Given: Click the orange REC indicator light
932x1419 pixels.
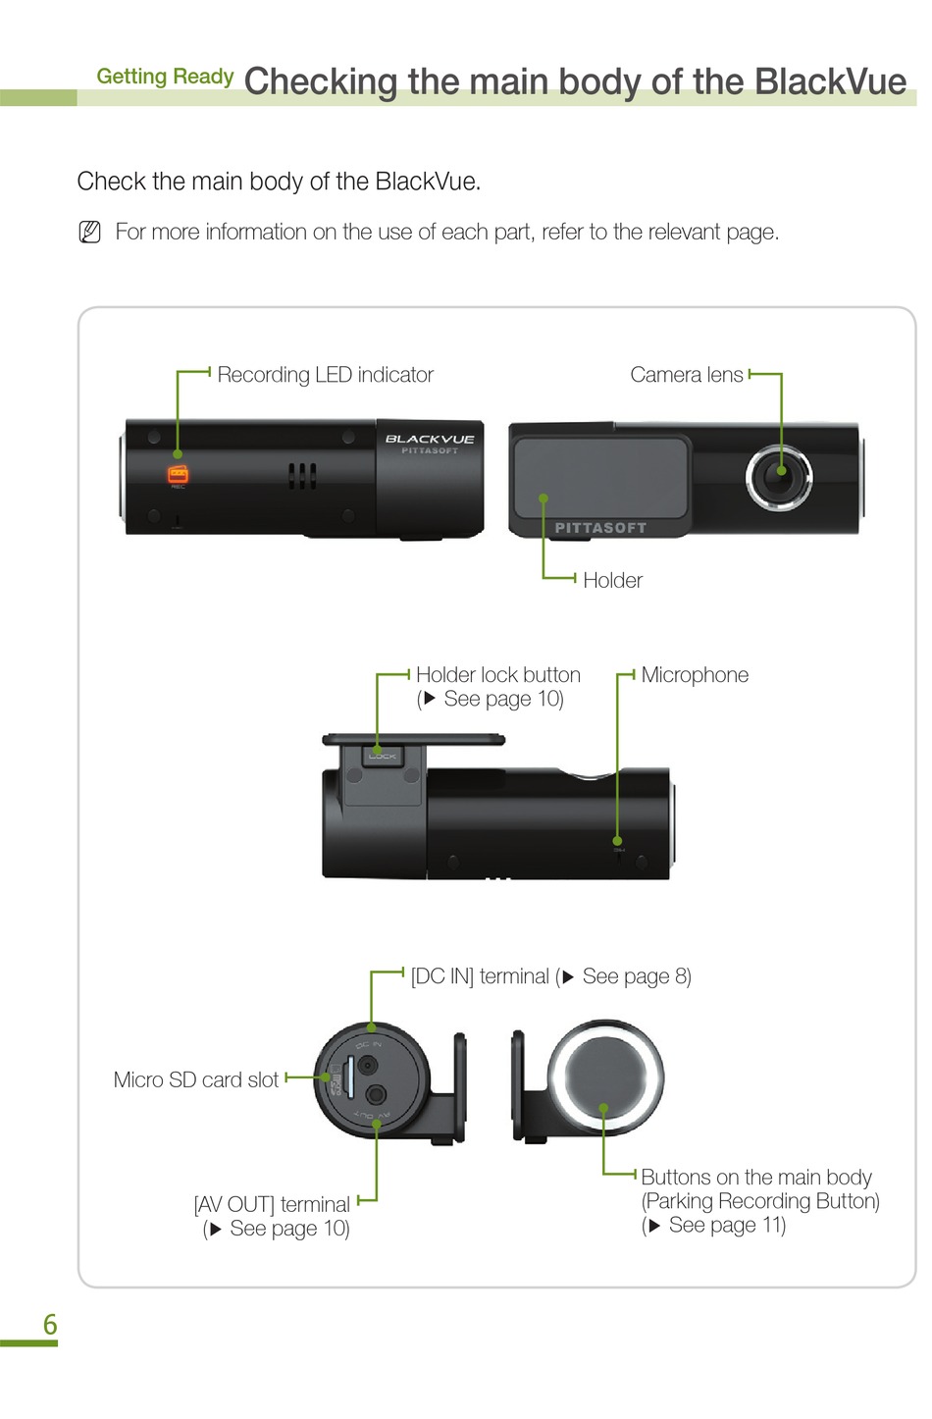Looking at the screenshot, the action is click(178, 475).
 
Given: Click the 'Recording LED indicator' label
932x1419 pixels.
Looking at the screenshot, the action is click(325, 375).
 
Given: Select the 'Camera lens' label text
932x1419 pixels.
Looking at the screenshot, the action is click(686, 375).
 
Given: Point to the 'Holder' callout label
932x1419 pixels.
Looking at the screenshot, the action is click(612, 580).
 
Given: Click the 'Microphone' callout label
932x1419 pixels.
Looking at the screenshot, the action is click(695, 675).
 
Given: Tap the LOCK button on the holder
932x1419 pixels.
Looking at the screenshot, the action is click(382, 756).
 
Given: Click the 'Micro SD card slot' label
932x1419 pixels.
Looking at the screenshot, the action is click(196, 1079).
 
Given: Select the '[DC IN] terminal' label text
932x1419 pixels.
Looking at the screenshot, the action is click(480, 976).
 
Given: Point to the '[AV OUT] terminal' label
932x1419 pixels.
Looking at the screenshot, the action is click(272, 1204).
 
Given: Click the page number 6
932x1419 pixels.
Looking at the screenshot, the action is click(50, 1325).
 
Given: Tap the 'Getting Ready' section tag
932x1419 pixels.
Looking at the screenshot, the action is click(165, 77).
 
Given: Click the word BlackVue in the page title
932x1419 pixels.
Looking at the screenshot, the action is click(830, 81).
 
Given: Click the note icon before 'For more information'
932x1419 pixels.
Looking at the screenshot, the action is click(89, 233).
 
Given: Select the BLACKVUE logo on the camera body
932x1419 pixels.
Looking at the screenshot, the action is click(430, 439).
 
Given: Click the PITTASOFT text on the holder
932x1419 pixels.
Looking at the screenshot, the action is click(600, 528).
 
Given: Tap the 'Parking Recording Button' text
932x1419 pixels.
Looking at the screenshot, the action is click(760, 1201).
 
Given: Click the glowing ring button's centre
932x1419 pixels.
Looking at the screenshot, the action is click(604, 1077).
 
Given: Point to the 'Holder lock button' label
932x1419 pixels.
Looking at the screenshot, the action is click(497, 675).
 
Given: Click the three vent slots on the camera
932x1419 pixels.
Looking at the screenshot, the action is click(302, 477).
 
